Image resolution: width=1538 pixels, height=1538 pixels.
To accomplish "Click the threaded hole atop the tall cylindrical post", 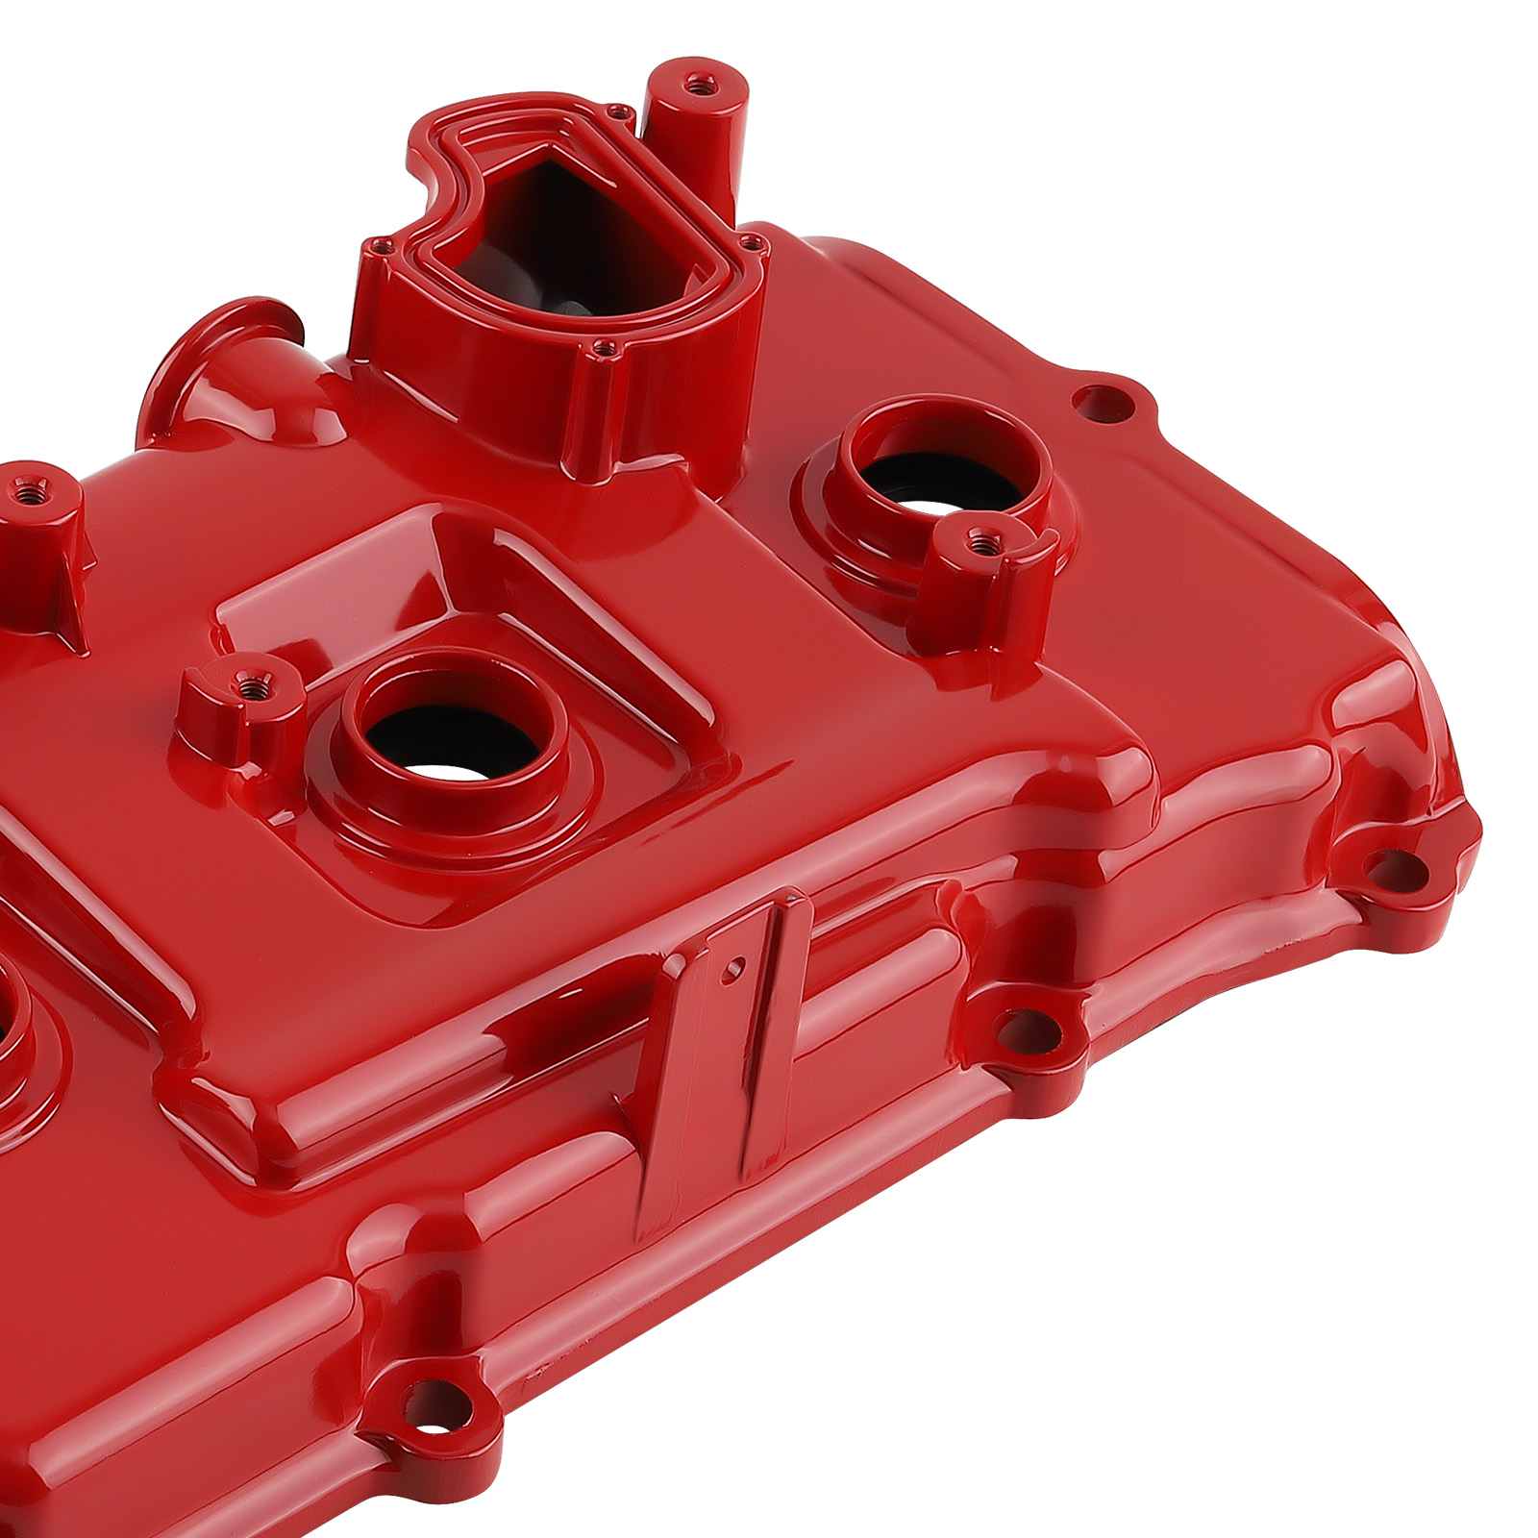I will [x=694, y=86].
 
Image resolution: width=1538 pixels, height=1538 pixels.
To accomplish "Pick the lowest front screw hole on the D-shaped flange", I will [x=603, y=348].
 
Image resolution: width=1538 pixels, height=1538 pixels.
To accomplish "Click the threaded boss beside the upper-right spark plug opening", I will [x=980, y=542].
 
